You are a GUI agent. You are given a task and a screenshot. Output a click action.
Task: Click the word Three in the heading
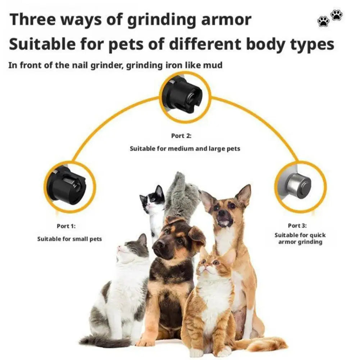coord(33,20)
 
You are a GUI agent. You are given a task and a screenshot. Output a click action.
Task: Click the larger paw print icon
coord(337,15)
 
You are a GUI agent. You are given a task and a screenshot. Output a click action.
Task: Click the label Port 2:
coord(181,136)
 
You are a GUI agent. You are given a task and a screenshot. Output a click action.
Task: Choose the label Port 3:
coord(297,225)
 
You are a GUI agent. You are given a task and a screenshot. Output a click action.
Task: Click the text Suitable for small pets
coord(69,239)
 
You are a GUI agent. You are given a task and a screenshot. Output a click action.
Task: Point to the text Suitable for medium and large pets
coord(185,148)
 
